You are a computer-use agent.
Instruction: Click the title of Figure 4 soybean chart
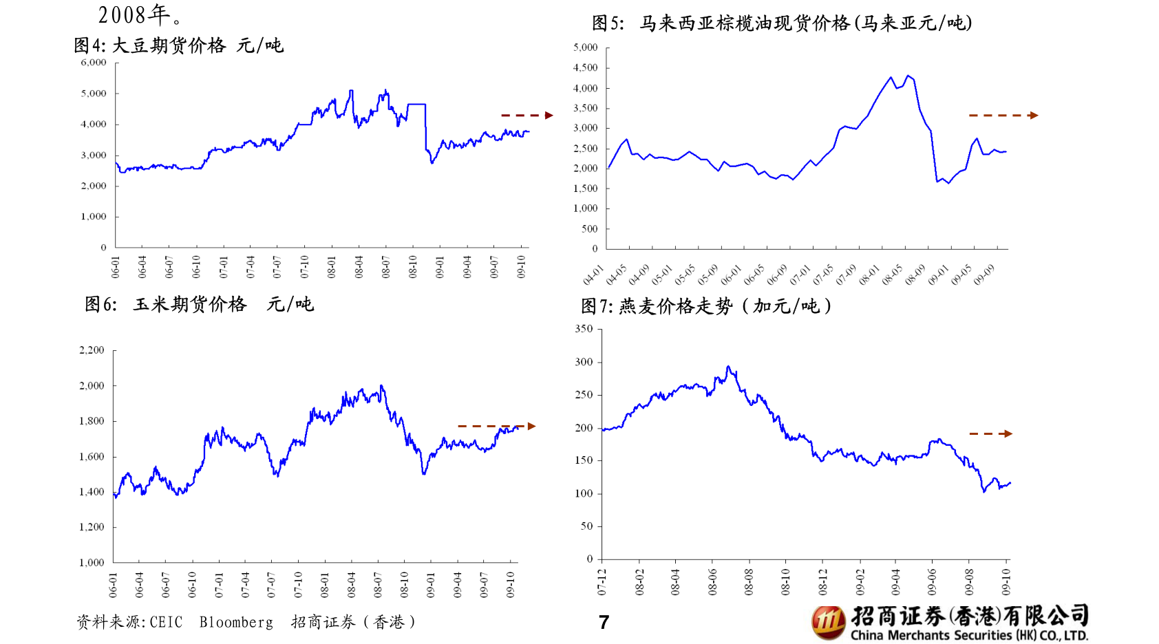tap(178, 46)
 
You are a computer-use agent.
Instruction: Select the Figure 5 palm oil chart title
tap(782, 23)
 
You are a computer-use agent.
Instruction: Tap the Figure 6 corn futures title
tap(199, 304)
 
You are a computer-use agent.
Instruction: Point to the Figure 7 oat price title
tap(706, 306)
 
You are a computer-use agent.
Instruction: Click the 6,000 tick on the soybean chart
tap(94, 63)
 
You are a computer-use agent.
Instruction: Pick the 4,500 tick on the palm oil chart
tap(585, 67)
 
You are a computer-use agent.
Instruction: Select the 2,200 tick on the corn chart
tap(92, 350)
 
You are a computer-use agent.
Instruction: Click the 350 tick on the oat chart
tap(584, 329)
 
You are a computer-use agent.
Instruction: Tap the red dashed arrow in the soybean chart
tap(527, 116)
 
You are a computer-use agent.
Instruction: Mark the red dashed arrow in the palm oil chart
tap(1003, 116)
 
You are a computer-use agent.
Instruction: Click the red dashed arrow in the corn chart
tap(496, 427)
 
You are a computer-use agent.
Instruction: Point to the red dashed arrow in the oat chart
tap(990, 433)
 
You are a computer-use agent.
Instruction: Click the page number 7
tap(604, 623)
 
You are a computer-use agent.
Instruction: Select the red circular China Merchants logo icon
tap(828, 622)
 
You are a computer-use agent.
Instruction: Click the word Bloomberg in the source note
tap(236, 623)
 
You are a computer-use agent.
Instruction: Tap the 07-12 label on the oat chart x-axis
tap(602, 582)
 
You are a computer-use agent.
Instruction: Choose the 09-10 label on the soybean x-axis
tap(521, 267)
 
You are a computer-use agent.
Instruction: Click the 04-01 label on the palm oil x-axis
tap(593, 275)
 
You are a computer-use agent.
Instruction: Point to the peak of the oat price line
tap(728, 367)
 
